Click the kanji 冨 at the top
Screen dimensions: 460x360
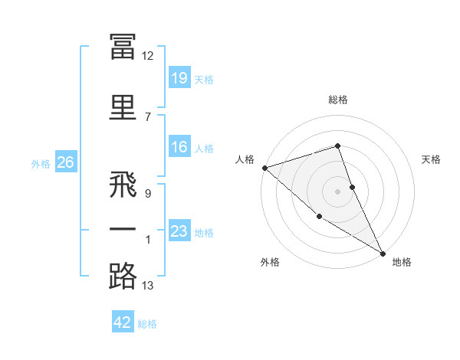(123, 47)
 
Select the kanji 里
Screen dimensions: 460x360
(123, 107)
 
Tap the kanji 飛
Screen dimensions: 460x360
(123, 184)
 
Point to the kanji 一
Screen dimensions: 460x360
(123, 229)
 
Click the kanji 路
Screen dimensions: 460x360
(123, 276)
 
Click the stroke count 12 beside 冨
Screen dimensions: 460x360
(147, 56)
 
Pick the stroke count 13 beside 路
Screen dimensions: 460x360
(147, 286)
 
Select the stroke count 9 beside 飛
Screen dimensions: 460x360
(148, 194)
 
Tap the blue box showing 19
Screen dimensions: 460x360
(179, 77)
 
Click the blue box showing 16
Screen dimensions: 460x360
(179, 146)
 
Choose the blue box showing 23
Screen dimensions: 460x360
(179, 230)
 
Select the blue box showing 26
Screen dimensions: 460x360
(66, 162)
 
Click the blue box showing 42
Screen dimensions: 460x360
(123, 321)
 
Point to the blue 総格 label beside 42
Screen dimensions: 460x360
(147, 324)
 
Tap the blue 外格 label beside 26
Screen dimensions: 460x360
(41, 164)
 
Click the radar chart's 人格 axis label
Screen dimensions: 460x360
(245, 159)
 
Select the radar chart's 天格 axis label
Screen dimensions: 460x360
(431, 159)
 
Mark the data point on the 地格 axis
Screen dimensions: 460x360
(383, 254)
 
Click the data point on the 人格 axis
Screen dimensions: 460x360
(265, 168)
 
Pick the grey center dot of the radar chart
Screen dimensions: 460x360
(337, 191)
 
